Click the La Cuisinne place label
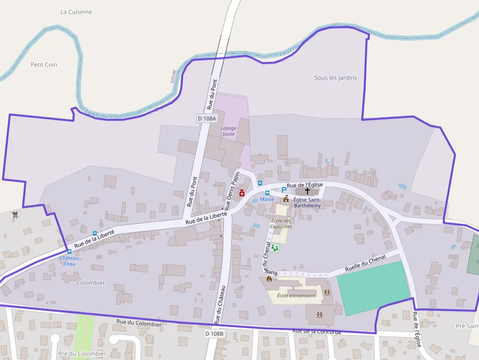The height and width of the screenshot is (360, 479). pyautogui.click(x=76, y=12)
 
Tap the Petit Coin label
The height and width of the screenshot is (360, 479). pyautogui.click(x=44, y=64)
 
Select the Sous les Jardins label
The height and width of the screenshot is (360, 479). pyautogui.click(x=335, y=78)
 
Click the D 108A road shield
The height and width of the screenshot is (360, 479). pyautogui.click(x=206, y=118)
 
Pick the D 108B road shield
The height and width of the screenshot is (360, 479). pyautogui.click(x=214, y=334)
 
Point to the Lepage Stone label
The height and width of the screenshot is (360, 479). pyautogui.click(x=229, y=131)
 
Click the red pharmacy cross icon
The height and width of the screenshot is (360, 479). pyautogui.click(x=242, y=194)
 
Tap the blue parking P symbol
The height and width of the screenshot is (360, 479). pyautogui.click(x=283, y=190)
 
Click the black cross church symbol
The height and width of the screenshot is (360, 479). pyautogui.click(x=307, y=191)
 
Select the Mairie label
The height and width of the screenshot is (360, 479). pyautogui.click(x=267, y=199)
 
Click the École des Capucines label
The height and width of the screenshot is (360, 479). pyautogui.click(x=281, y=224)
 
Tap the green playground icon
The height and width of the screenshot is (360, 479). pyautogui.click(x=275, y=248)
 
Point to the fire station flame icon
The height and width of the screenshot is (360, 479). pyautogui.click(x=269, y=279)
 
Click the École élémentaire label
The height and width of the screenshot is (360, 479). pyautogui.click(x=296, y=295)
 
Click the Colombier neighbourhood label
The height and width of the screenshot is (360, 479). pyautogui.click(x=90, y=283)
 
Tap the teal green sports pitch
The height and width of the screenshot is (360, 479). pyautogui.click(x=373, y=287)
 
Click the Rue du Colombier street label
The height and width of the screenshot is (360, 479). pyautogui.click(x=139, y=324)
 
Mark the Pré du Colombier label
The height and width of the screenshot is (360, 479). pyautogui.click(x=82, y=354)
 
